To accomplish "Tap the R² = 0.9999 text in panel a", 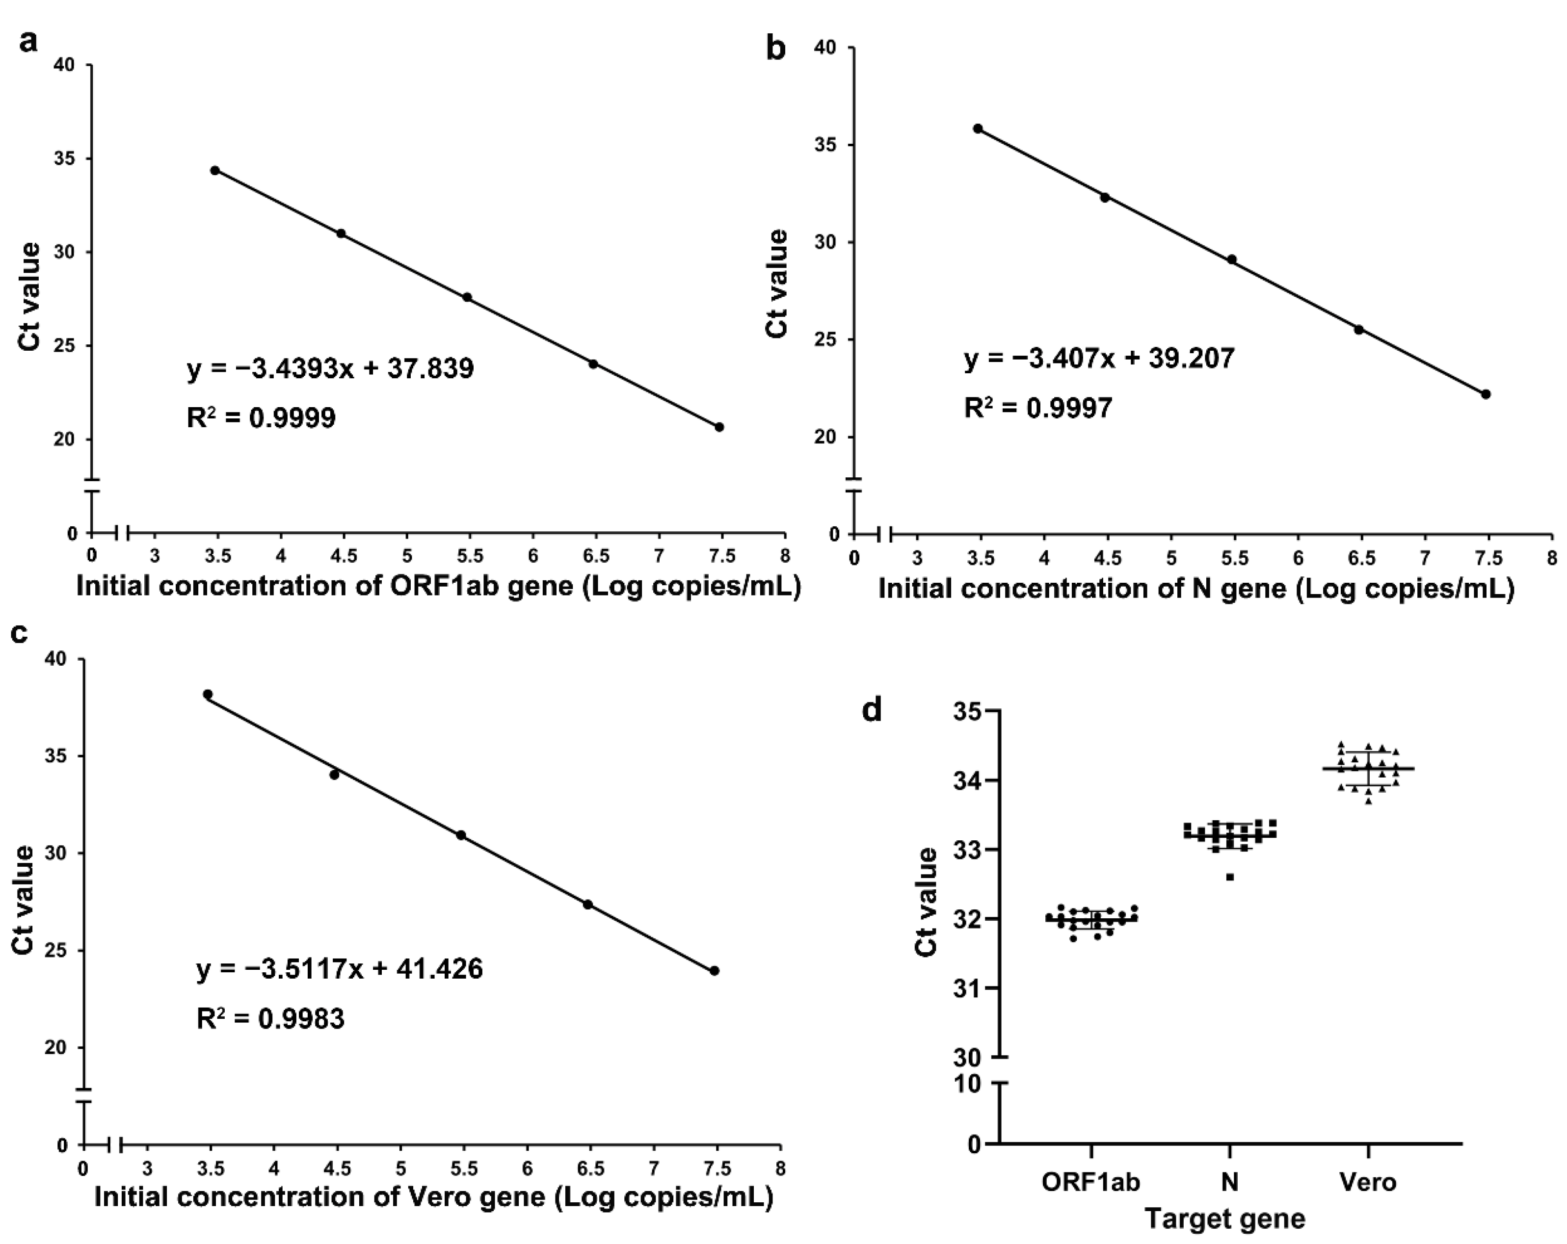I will pyautogui.click(x=261, y=418).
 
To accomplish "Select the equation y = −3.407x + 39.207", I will pyautogui.click(x=1099, y=359).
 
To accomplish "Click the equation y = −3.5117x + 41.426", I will pyautogui.click(x=340, y=969).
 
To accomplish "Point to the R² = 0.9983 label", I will pyautogui.click(x=270, y=1019).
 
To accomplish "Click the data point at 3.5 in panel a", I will pyautogui.click(x=215, y=170).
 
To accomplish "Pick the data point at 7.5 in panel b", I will pyautogui.click(x=1486, y=394).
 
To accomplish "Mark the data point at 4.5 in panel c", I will pyautogui.click(x=334, y=775).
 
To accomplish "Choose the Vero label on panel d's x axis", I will pyautogui.click(x=1368, y=1182).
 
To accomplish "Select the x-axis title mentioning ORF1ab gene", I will pyautogui.click(x=438, y=586).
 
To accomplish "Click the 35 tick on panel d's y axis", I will pyautogui.click(x=967, y=711).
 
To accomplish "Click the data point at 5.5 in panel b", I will pyautogui.click(x=1232, y=259).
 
